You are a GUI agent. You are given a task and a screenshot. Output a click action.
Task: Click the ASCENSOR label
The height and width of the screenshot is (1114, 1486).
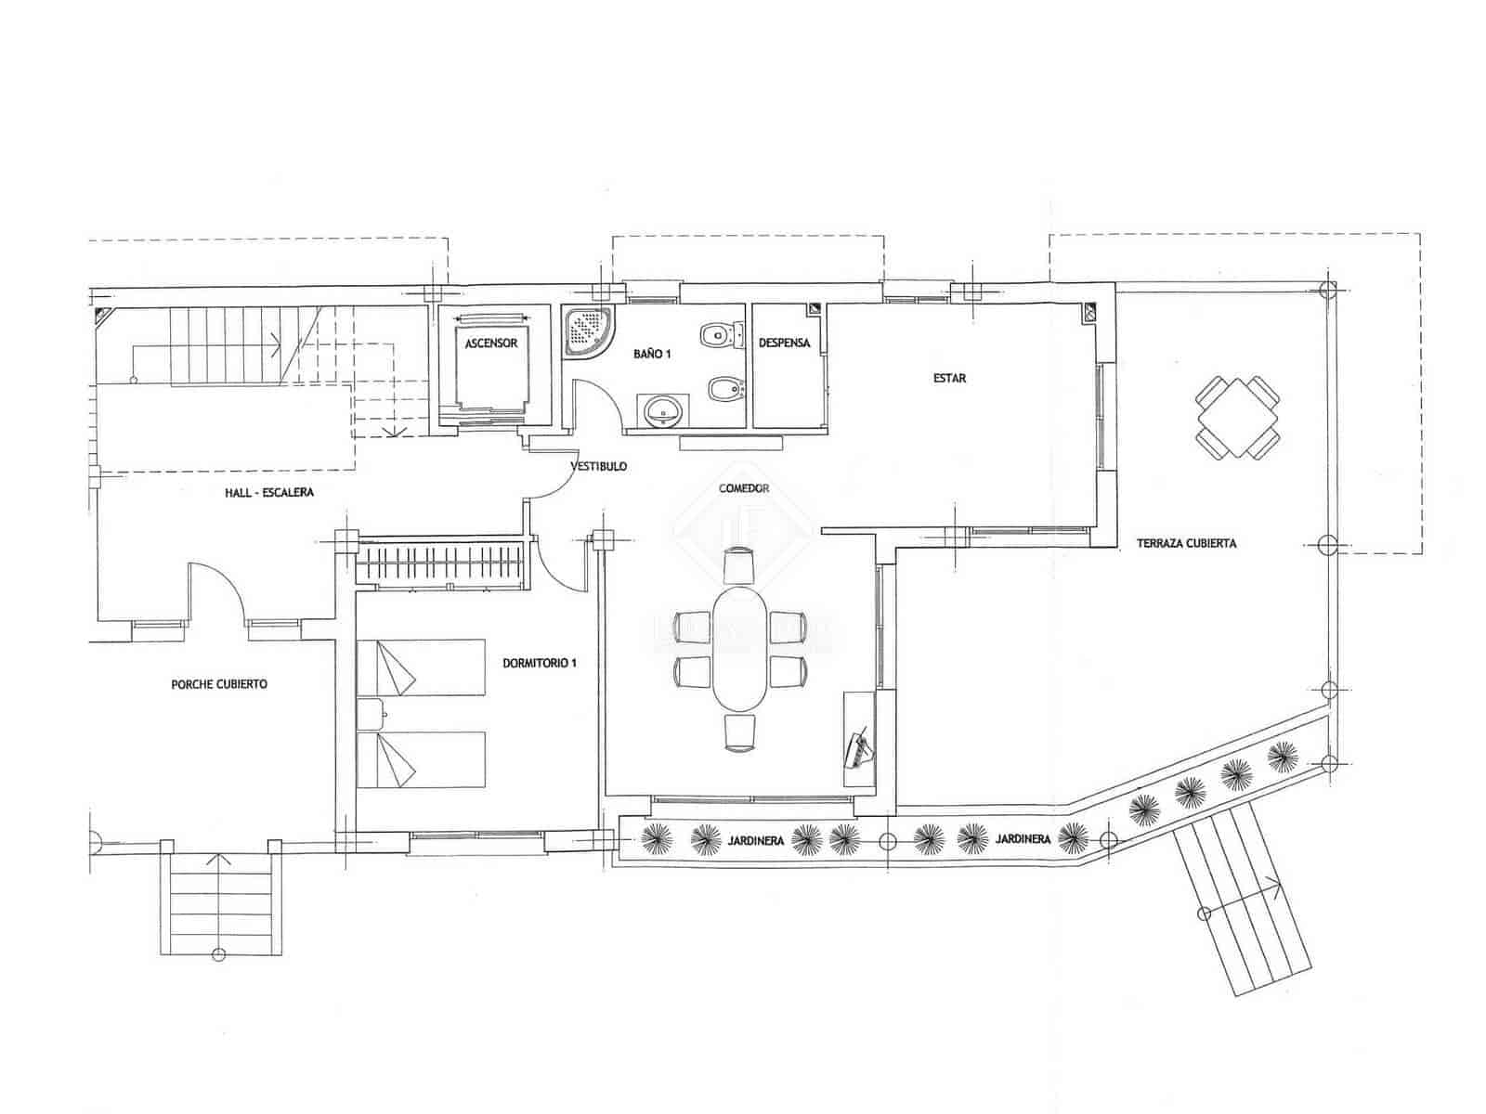click(x=490, y=343)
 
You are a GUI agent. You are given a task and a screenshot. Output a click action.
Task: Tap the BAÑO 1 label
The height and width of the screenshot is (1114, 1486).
click(x=652, y=354)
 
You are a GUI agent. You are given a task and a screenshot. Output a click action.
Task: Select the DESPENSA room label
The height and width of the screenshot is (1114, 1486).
click(x=784, y=343)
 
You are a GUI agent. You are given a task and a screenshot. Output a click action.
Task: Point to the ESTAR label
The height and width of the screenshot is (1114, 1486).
click(x=949, y=378)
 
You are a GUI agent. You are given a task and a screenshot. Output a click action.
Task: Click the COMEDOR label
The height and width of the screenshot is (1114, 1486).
click(x=743, y=488)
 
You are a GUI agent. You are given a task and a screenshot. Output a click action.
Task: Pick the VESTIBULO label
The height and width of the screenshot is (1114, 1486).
click(x=598, y=467)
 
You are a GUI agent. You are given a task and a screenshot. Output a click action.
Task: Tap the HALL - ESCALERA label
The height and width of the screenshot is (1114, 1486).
click(x=269, y=492)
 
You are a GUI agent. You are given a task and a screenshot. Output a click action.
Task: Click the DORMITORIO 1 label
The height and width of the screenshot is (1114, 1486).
click(x=540, y=663)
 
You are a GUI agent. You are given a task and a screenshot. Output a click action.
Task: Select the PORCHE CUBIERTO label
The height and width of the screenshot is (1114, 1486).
click(x=219, y=684)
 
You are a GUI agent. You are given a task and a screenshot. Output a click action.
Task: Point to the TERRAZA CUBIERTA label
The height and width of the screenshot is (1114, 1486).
click(x=1186, y=543)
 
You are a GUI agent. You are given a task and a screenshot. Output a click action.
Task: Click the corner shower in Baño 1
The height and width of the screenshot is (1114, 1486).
click(x=587, y=330)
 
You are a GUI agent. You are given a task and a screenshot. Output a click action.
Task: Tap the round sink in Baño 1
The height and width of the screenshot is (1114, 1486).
click(x=662, y=408)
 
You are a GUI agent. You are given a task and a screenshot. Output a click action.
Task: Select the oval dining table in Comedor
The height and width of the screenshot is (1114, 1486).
click(x=740, y=646)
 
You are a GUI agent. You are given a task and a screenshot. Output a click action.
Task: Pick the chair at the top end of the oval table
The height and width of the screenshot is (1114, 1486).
click(x=740, y=564)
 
